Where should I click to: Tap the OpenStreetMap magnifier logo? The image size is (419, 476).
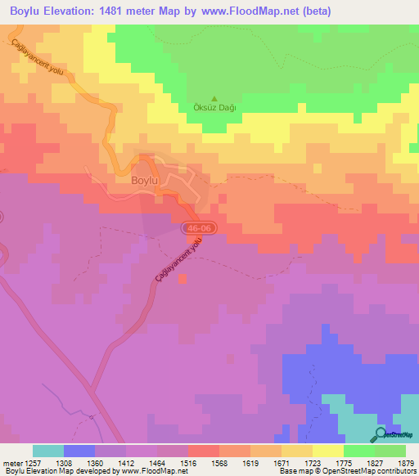(381, 433)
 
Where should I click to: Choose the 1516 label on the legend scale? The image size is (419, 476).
(196, 462)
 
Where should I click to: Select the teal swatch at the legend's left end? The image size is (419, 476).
(48, 451)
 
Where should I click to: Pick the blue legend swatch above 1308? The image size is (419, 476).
(79, 451)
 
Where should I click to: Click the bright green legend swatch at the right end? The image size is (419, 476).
(390, 451)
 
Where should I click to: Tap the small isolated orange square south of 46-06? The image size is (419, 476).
(181, 279)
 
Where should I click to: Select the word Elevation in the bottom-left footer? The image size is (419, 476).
(38, 471)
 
